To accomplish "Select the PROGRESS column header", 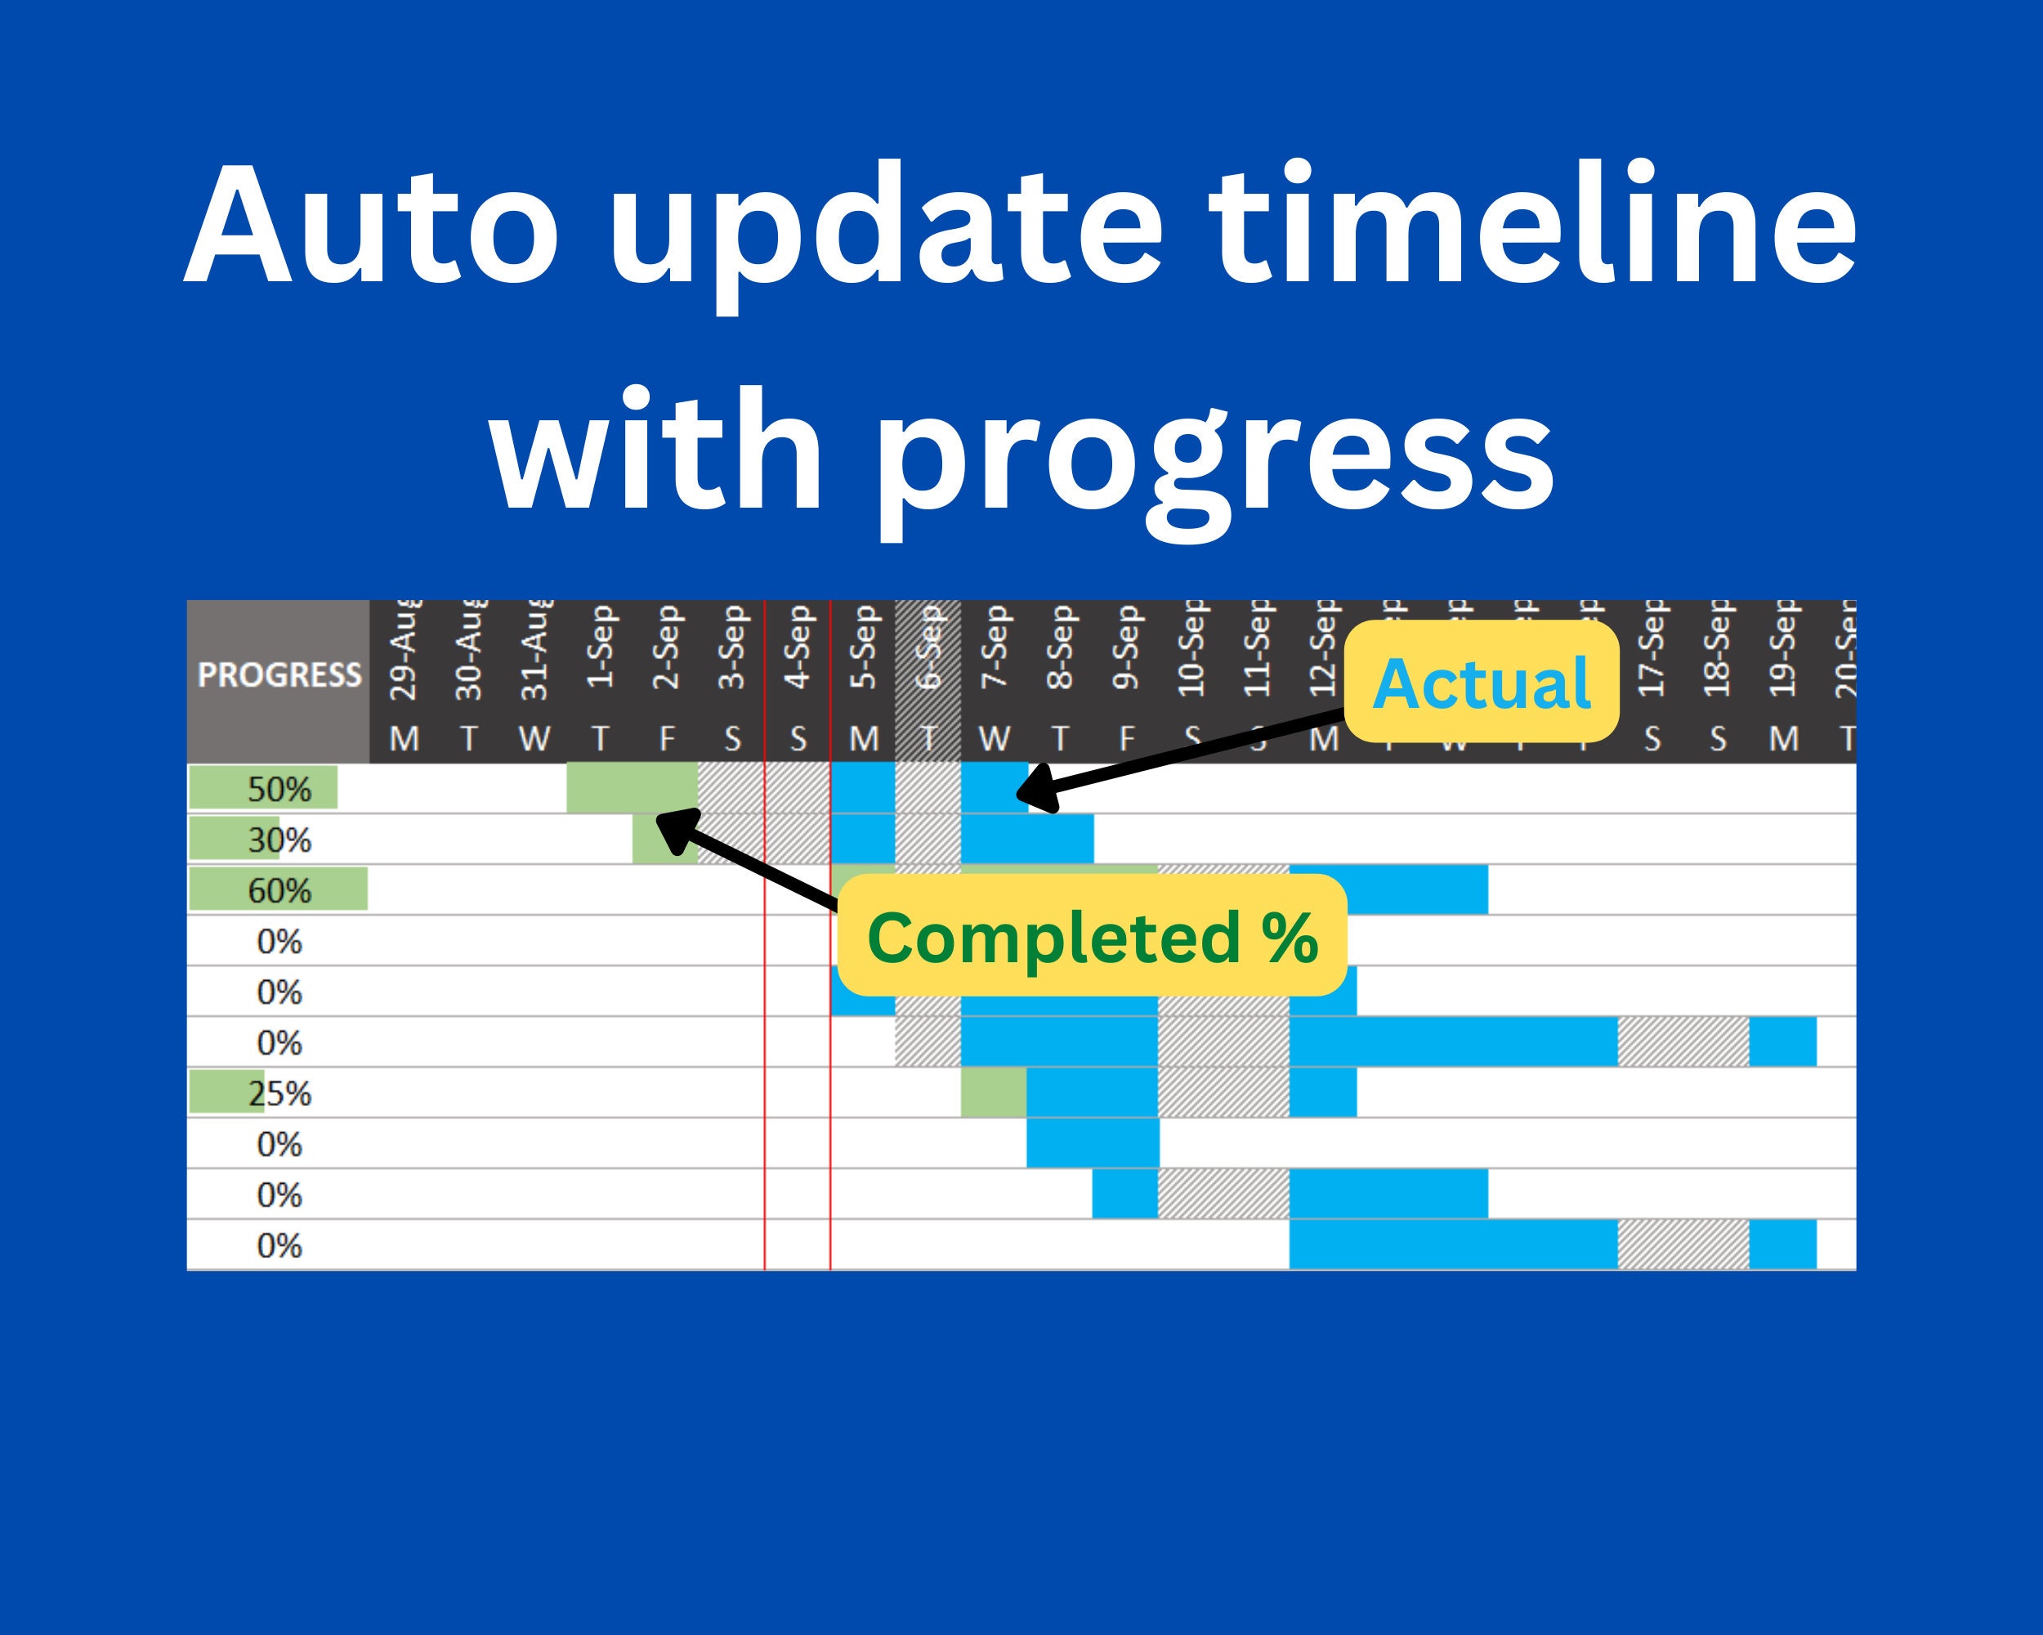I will [279, 676].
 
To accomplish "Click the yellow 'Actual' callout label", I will [1481, 683].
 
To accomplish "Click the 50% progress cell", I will [279, 790].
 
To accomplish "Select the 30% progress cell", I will [279, 840].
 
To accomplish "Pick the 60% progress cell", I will [279, 891].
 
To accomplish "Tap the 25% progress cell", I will [279, 1094].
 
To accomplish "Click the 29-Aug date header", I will [404, 652].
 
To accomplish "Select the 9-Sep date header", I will [1126, 652].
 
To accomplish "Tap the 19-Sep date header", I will [1782, 652].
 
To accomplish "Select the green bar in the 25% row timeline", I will [993, 1093].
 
